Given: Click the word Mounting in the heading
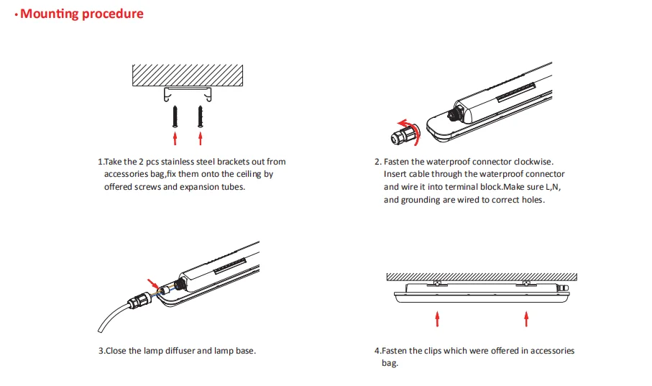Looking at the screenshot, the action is pyautogui.click(x=49, y=14).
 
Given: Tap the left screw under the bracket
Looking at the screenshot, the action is pyautogui.click(x=174, y=115).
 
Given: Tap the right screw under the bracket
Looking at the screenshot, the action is pyautogui.click(x=201, y=115).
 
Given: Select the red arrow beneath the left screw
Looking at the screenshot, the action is pyautogui.click(x=174, y=137).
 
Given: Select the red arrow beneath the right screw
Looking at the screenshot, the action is pyautogui.click(x=201, y=137).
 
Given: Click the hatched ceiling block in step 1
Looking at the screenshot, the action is pyautogui.click(x=187, y=74).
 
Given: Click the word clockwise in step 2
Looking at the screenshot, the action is pyautogui.click(x=528, y=162).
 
